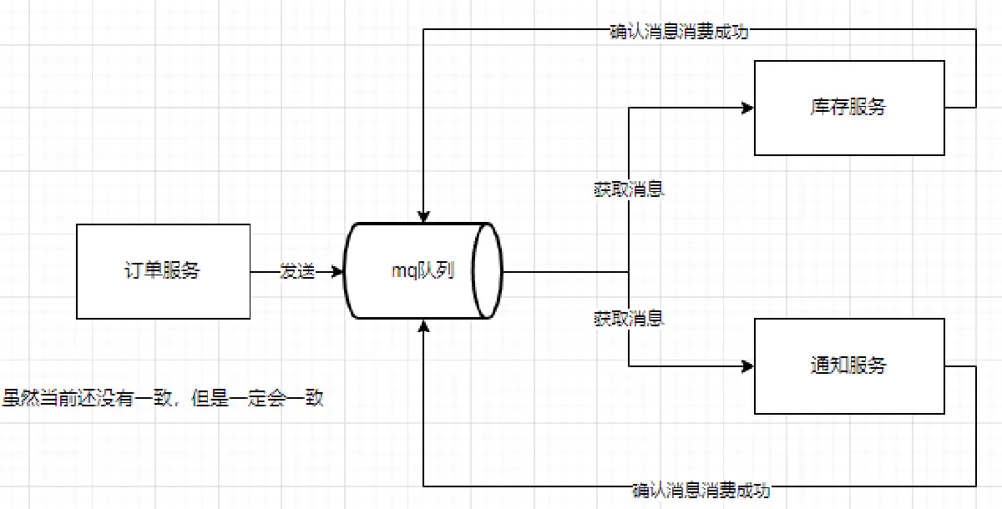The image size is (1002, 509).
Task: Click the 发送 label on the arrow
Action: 297,271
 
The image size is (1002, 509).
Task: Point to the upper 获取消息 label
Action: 628,189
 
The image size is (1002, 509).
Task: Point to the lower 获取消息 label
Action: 628,318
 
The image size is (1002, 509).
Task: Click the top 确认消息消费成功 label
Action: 678,32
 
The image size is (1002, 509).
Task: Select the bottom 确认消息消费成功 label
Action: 701,490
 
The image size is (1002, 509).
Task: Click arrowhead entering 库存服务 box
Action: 748,108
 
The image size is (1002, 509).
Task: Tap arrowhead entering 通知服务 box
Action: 748,365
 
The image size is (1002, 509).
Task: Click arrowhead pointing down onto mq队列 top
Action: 423,216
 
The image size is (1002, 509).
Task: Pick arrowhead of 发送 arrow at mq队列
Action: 338,271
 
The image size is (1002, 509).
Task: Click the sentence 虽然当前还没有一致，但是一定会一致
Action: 163,399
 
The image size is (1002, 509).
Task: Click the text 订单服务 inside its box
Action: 163,271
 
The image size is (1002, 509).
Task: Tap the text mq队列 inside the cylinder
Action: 423,271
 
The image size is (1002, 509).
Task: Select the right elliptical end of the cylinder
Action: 488,270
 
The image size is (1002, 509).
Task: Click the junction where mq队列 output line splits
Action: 628,271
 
